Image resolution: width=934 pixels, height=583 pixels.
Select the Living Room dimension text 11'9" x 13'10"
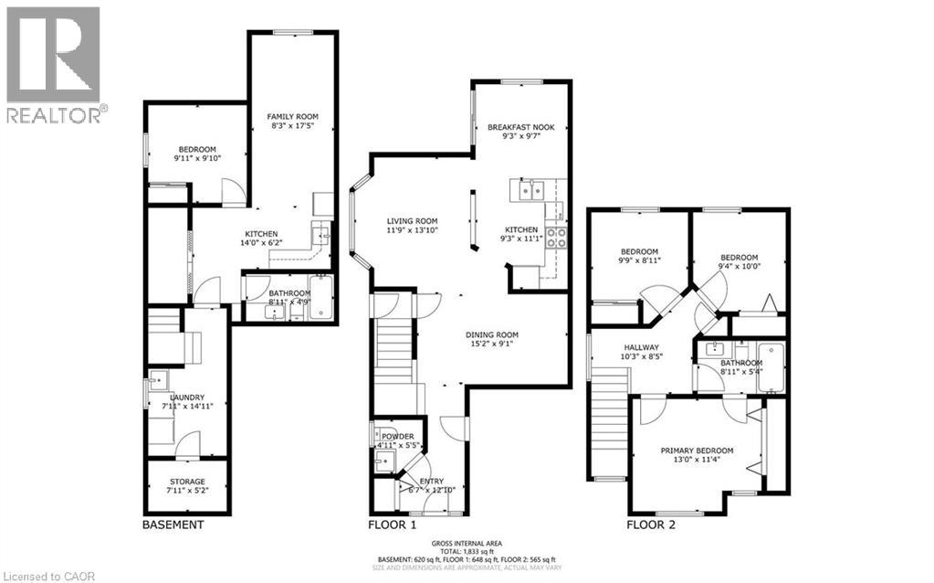point(412,231)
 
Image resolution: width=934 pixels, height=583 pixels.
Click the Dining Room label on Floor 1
point(492,334)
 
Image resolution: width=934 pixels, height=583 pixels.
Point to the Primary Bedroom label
point(698,450)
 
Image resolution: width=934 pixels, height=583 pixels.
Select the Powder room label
point(398,436)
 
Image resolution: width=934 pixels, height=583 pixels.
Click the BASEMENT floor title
point(173,525)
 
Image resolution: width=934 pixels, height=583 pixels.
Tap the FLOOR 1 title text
point(392,525)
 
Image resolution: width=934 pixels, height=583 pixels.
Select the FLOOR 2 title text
point(651,525)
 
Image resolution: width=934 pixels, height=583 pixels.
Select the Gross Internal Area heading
point(467,542)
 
